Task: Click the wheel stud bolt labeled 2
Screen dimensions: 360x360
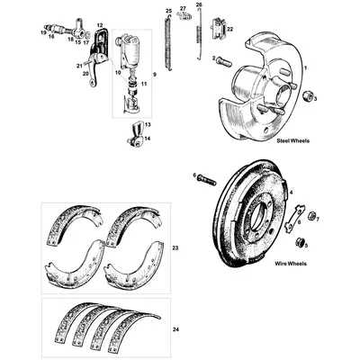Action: [x=224, y=60]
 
